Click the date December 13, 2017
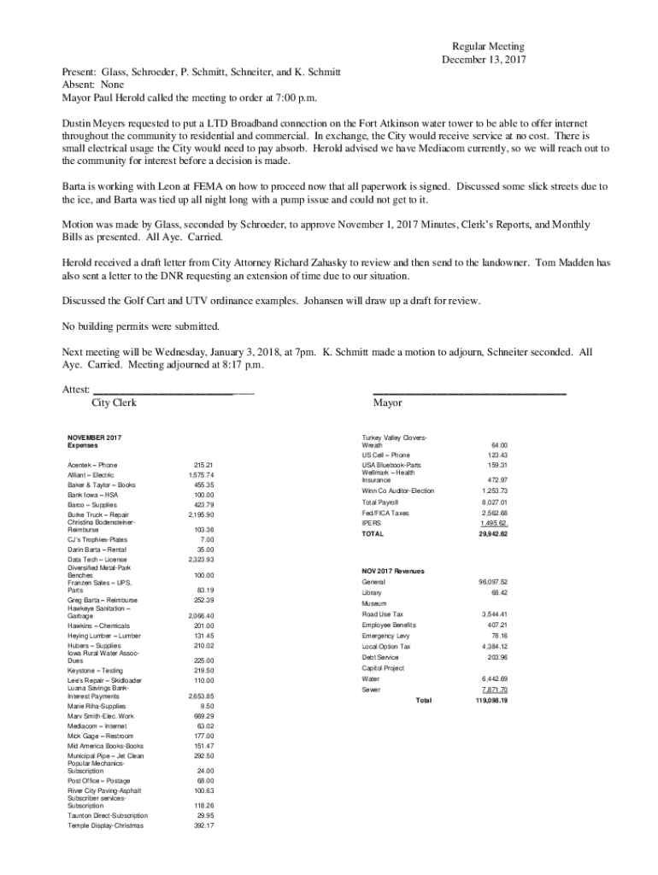pyautogui.click(x=483, y=60)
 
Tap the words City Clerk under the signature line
pyautogui.click(x=114, y=402)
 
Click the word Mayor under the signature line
pyautogui.click(x=388, y=402)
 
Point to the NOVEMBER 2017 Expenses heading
pyautogui.click(x=94, y=442)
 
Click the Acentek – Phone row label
pyautogui.click(x=92, y=465)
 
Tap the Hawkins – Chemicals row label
pyautogui.click(x=98, y=626)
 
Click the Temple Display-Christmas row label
pyautogui.click(x=105, y=826)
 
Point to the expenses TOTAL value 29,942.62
pyautogui.click(x=493, y=533)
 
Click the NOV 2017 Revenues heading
pyautogui.click(x=393, y=570)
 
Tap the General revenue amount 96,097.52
pyautogui.click(x=493, y=582)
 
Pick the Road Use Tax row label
pyautogui.click(x=382, y=614)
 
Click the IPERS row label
pyautogui.click(x=372, y=523)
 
